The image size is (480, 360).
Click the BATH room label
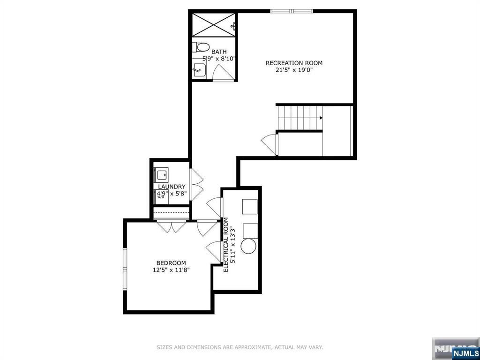pos(219,52)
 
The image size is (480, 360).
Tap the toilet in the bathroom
pos(201,47)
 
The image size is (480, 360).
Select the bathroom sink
pos(198,70)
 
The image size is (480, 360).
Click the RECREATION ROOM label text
pos(294,63)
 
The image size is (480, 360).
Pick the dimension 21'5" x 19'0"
pos(294,70)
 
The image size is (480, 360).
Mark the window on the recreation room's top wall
pos(291,11)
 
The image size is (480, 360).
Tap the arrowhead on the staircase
pos(321,118)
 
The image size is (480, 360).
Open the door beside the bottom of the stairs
pos(270,142)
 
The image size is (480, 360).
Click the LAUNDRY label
pos(171,187)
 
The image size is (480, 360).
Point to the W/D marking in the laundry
pos(161,197)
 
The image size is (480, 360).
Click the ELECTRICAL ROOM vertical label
pos(225,244)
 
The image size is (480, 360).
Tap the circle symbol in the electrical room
pos(248,247)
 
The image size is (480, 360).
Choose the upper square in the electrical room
pos(249,206)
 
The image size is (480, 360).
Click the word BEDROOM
pos(171,263)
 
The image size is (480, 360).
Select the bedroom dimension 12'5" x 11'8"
pos(171,270)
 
